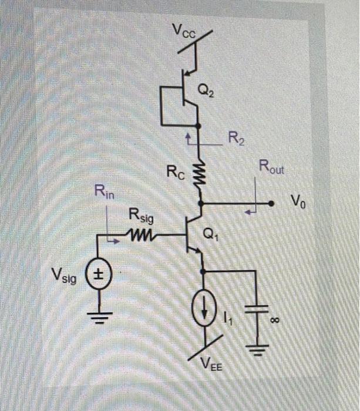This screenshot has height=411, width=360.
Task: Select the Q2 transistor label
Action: coord(206,90)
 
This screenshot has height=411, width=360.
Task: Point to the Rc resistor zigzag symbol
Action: coord(201,173)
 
